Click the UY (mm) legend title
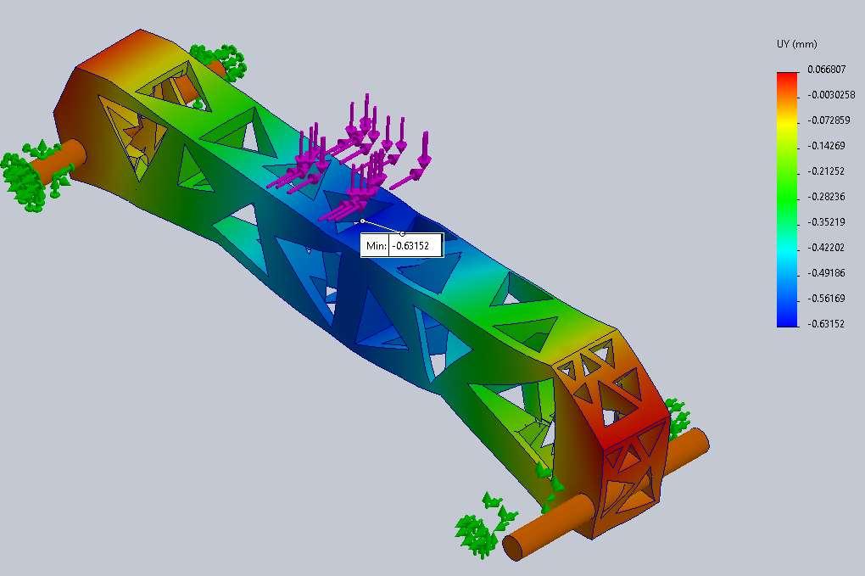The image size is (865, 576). [x=796, y=44]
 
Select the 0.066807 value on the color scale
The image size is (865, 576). [x=826, y=69]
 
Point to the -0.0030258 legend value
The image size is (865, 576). [x=831, y=95]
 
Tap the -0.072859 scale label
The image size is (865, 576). [x=829, y=120]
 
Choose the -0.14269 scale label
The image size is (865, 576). [x=826, y=146]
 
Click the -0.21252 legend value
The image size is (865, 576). [x=826, y=171]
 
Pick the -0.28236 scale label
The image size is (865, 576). [x=826, y=197]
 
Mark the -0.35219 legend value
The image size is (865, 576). [x=826, y=221]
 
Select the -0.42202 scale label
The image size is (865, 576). [x=826, y=247]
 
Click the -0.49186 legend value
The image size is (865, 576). [x=826, y=272]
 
